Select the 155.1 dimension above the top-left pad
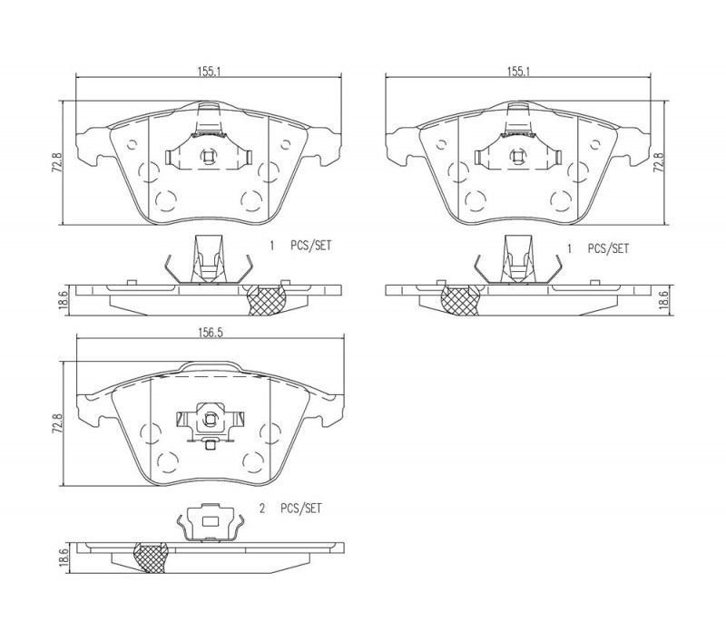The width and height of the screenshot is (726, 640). pos(209,72)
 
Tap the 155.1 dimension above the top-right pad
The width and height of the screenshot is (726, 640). pos(518,72)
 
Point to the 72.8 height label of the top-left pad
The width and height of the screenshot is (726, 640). pos(56,164)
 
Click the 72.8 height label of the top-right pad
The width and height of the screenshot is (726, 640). pos(659,163)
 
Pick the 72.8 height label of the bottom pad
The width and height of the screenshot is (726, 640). pos(57,423)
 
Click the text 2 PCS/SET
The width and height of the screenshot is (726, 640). pos(289,509)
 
